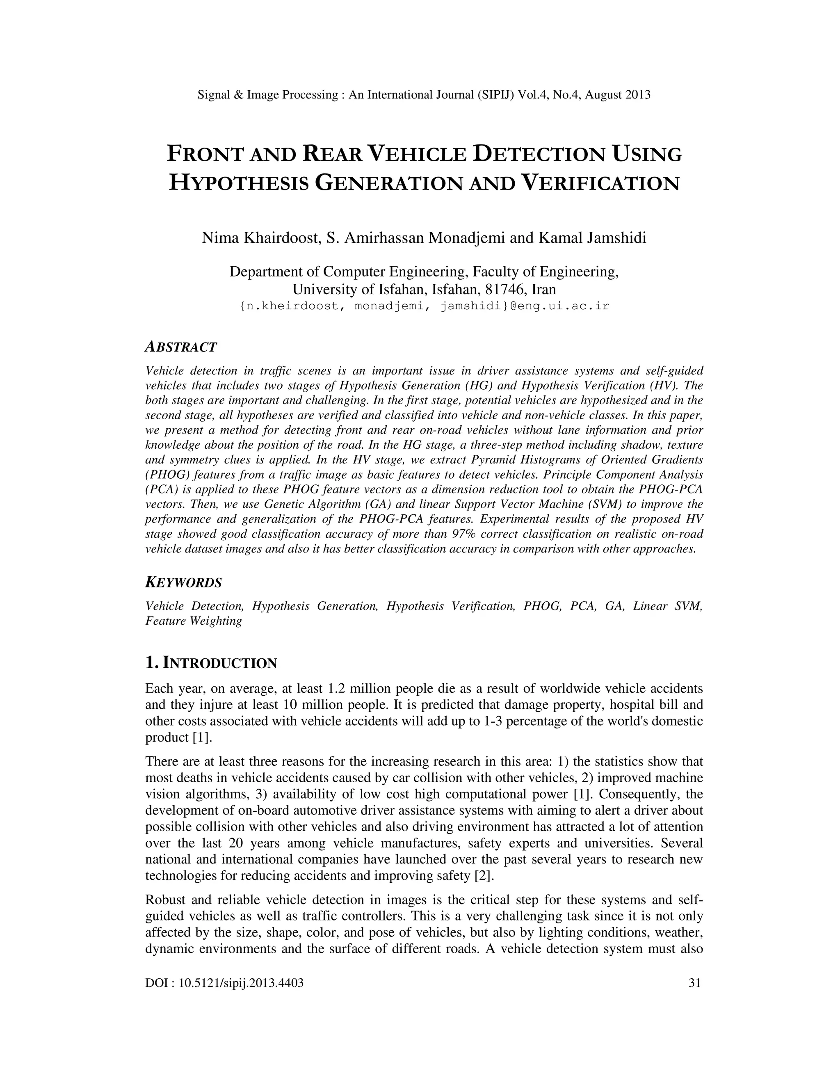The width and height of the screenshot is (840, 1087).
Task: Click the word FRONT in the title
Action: [205, 154]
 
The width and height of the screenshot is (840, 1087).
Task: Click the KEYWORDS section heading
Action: [183, 582]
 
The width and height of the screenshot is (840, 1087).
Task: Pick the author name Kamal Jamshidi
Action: [592, 238]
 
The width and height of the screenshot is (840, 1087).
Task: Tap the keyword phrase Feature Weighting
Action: [194, 621]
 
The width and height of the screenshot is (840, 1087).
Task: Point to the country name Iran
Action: [543, 289]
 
